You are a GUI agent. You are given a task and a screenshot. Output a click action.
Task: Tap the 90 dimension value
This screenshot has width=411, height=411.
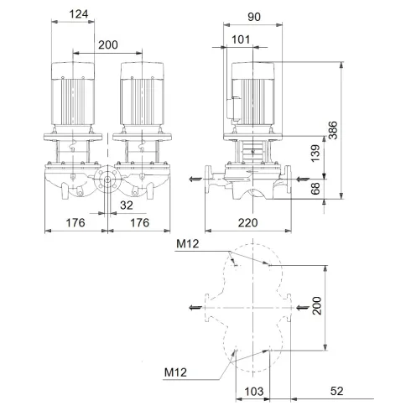256,14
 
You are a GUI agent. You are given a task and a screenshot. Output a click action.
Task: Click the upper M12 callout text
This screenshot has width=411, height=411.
190,245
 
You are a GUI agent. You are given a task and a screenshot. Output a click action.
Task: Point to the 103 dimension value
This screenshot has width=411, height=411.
254,391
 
